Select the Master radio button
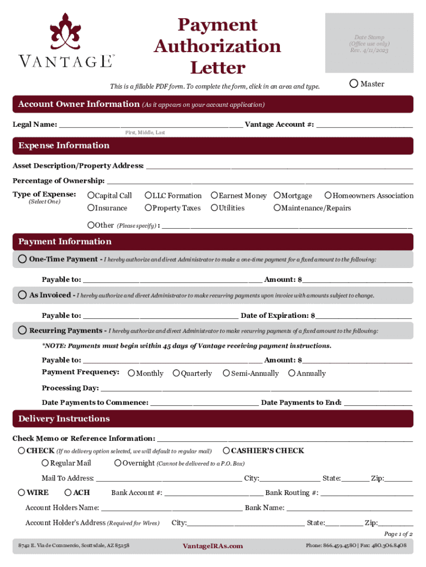pyautogui.click(x=354, y=84)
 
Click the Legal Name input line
pyautogui.click(x=150, y=125)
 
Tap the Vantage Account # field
pyautogui.click(x=365, y=125)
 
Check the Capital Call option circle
pyautogui.click(x=91, y=195)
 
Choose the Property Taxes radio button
pyautogui.click(x=148, y=208)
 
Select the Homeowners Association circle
pyautogui.click(x=328, y=195)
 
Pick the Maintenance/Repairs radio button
pyautogui.click(x=277, y=208)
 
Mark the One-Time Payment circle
pyautogui.click(x=22, y=259)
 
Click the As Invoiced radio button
pyautogui.click(x=22, y=295)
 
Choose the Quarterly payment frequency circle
pyautogui.click(x=176, y=373)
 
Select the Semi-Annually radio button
pyautogui.click(x=226, y=373)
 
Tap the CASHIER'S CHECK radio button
pyautogui.click(x=226, y=450)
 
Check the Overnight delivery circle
pyautogui.click(x=118, y=463)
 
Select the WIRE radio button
pyautogui.click(x=22, y=492)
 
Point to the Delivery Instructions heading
pyautogui.click(x=64, y=419)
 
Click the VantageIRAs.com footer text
pyautogui.click(x=212, y=546)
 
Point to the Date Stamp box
pyautogui.click(x=370, y=43)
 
